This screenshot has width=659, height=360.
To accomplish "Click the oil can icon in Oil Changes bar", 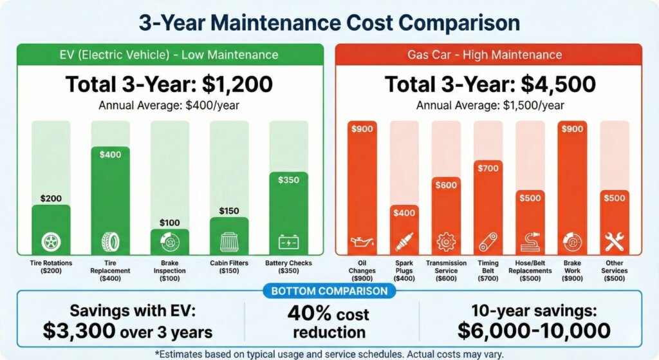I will click(362, 243).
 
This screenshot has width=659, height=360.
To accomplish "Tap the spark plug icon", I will click(404, 243).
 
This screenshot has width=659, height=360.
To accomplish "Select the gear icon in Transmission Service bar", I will click(445, 243).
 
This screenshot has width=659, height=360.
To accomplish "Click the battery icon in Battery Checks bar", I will click(288, 242).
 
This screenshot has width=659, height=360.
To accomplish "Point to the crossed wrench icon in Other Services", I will click(615, 242).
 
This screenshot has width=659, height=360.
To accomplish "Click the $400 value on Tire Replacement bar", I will click(111, 155).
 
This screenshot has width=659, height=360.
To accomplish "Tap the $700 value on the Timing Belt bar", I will click(488, 168).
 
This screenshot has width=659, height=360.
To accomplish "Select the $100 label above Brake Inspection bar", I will click(170, 222).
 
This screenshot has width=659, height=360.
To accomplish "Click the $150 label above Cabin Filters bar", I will click(229, 211).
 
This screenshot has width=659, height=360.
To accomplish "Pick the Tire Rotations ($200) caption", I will click(51, 267).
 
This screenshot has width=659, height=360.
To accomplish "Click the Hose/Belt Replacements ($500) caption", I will click(530, 267).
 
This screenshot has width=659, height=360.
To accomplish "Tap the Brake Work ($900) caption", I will click(572, 267).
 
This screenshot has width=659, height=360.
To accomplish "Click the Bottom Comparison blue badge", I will click(329, 291).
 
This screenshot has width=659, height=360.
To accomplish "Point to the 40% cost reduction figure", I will click(329, 323).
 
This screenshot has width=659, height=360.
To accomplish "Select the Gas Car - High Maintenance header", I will click(488, 55).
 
